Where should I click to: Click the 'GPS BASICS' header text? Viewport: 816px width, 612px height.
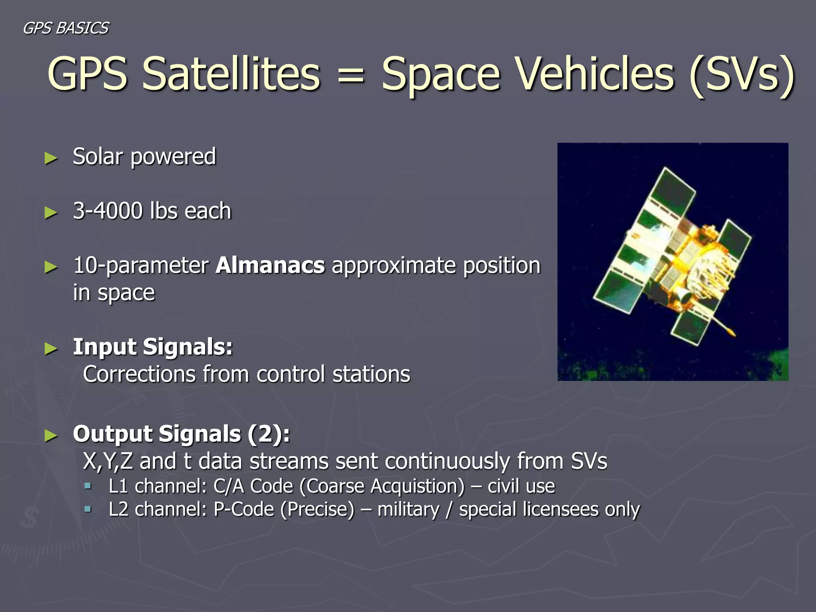coord(66,28)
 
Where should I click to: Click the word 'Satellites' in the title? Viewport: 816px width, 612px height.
coord(231,74)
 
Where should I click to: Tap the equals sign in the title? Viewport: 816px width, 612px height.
coord(350,76)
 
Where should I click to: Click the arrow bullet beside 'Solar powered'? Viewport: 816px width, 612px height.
coord(51,158)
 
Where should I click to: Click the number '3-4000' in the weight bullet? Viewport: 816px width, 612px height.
coord(108,211)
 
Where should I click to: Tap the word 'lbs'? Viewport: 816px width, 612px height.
coord(164,211)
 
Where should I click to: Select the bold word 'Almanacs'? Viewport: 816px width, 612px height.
coord(270,265)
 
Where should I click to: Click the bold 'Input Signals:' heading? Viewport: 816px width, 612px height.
coord(153,347)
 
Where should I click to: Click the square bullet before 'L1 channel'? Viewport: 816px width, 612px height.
coord(88,486)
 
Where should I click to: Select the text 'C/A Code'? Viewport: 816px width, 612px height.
coord(253,486)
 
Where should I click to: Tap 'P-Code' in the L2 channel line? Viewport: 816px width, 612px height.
coord(243,510)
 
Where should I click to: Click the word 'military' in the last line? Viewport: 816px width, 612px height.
coord(408,510)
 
